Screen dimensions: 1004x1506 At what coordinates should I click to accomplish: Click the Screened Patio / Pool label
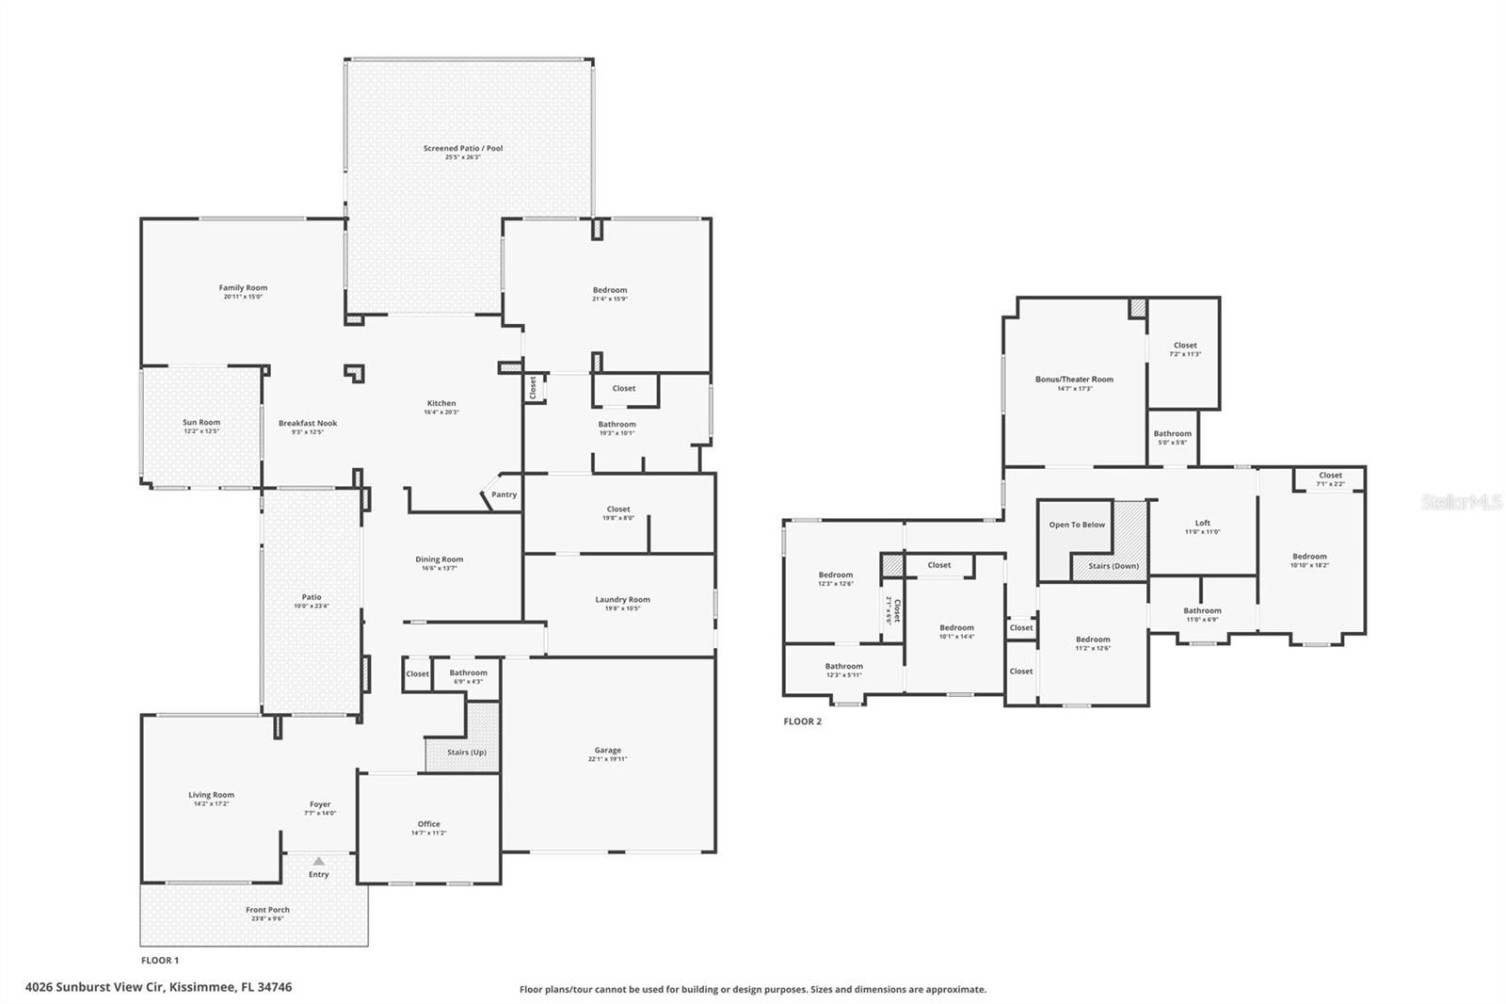coord(462,148)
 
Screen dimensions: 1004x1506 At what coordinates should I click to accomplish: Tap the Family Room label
coord(243,288)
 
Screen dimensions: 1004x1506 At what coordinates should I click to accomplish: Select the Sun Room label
coord(201,423)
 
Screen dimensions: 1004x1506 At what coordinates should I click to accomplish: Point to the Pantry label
coord(504,494)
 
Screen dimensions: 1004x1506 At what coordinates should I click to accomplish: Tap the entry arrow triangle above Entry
coord(319,861)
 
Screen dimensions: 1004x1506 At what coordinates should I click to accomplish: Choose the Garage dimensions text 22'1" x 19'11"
coord(608,759)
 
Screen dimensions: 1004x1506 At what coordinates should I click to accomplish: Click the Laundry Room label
coord(622,600)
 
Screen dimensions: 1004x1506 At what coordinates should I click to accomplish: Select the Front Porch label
coord(267,910)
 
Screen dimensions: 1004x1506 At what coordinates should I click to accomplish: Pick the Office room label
coord(428,824)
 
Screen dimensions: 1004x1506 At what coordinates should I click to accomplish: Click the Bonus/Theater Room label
coord(1074,380)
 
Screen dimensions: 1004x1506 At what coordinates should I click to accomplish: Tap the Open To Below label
coord(1077,525)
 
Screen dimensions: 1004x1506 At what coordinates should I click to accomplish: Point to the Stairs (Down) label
coord(1113,566)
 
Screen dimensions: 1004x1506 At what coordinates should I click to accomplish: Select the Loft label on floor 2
coord(1202,523)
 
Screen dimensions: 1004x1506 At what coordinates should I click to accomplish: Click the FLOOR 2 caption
coord(802,721)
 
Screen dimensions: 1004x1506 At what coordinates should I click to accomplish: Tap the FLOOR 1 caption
coord(159,961)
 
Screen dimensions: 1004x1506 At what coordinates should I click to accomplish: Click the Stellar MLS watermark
coord(1462,503)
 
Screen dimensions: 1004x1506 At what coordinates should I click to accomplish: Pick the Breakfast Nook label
coord(307,424)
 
